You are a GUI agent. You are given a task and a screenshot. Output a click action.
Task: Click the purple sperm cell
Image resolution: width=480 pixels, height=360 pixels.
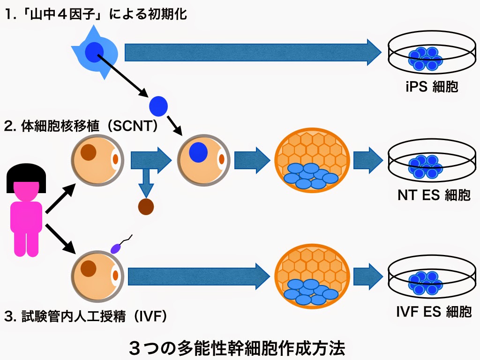point(116,247)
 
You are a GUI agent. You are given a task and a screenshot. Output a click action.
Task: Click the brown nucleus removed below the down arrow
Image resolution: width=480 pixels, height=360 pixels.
point(146,206)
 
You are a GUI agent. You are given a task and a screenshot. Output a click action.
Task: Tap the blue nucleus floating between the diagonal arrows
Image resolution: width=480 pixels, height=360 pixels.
point(158,106)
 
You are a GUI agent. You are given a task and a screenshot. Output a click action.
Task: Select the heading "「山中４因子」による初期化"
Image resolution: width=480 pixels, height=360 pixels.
point(96,14)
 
